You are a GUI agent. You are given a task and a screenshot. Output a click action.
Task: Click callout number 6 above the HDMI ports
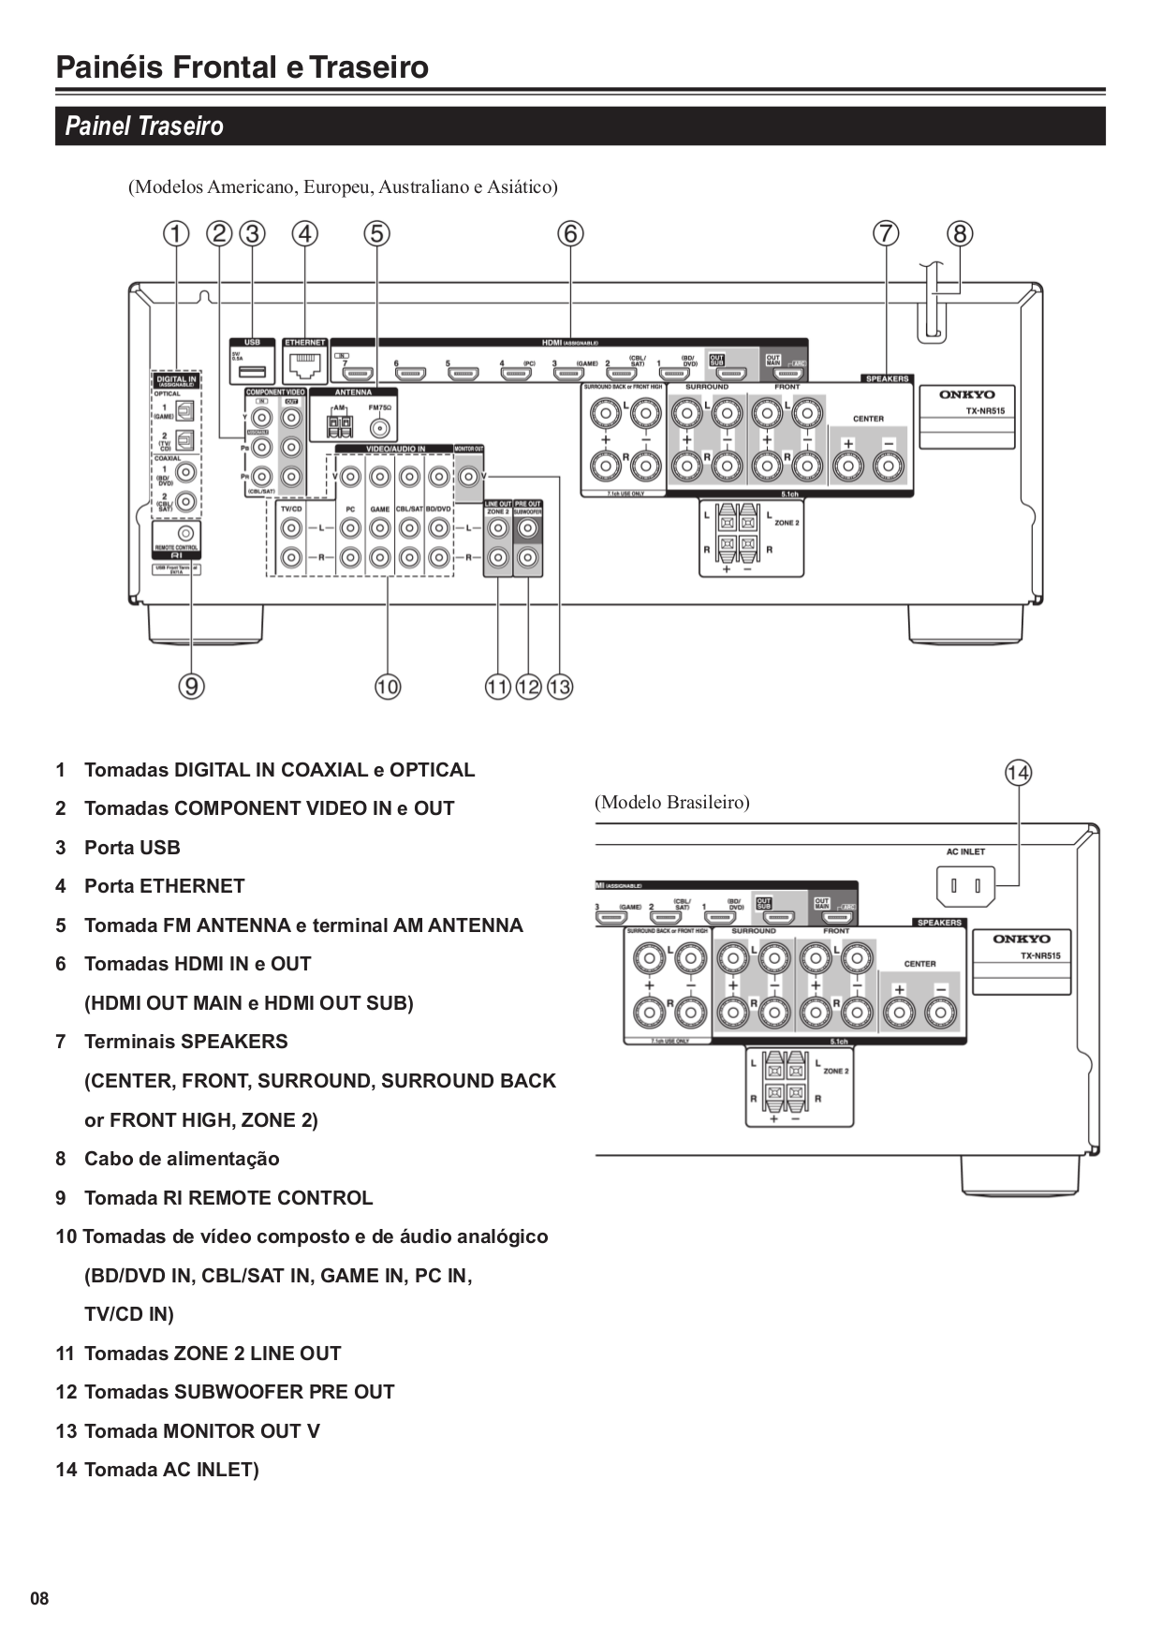point(570,233)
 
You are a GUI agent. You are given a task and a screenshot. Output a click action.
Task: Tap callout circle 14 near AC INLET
point(1018,773)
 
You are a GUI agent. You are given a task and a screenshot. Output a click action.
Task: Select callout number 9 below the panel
point(191,687)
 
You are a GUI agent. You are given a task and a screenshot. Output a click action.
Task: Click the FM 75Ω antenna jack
point(380,428)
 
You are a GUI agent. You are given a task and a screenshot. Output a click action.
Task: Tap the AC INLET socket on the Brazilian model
point(965,885)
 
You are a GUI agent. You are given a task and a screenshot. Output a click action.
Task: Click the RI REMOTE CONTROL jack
point(184,533)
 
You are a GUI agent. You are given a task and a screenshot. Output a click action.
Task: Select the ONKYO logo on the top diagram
point(967,394)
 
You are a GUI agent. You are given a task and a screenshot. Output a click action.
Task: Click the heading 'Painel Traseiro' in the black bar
point(144,126)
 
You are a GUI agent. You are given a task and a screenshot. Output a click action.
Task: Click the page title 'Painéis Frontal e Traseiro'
point(242,67)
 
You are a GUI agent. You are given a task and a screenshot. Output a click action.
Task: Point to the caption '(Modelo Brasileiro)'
point(671,803)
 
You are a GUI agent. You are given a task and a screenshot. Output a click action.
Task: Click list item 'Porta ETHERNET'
point(164,886)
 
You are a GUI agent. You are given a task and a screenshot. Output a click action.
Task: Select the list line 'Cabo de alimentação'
point(182,1159)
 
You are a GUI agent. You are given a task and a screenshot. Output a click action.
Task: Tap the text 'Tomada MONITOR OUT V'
point(201,1430)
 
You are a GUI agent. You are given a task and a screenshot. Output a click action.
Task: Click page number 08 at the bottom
point(39,1598)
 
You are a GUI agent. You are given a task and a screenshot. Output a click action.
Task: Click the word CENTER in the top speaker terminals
point(868,419)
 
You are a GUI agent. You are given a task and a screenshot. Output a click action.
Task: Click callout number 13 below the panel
point(560,687)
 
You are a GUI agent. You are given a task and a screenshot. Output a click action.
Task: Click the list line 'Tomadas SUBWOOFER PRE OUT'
point(239,1392)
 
